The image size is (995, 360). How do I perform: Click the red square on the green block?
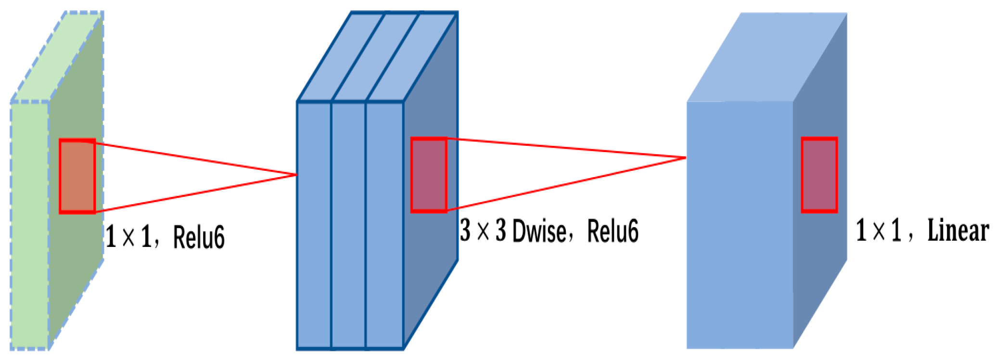[77, 176]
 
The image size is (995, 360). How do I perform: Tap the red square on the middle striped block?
[429, 175]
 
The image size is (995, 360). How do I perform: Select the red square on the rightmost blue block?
[819, 175]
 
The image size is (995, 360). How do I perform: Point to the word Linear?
[957, 231]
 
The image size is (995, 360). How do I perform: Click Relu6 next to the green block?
[199, 237]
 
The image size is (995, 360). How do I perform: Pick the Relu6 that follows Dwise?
[613, 231]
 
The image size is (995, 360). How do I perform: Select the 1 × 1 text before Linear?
[879, 231]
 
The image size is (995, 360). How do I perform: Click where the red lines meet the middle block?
[296, 175]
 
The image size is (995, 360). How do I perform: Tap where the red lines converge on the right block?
[685, 157]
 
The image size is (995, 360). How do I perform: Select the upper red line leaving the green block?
[192, 158]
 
